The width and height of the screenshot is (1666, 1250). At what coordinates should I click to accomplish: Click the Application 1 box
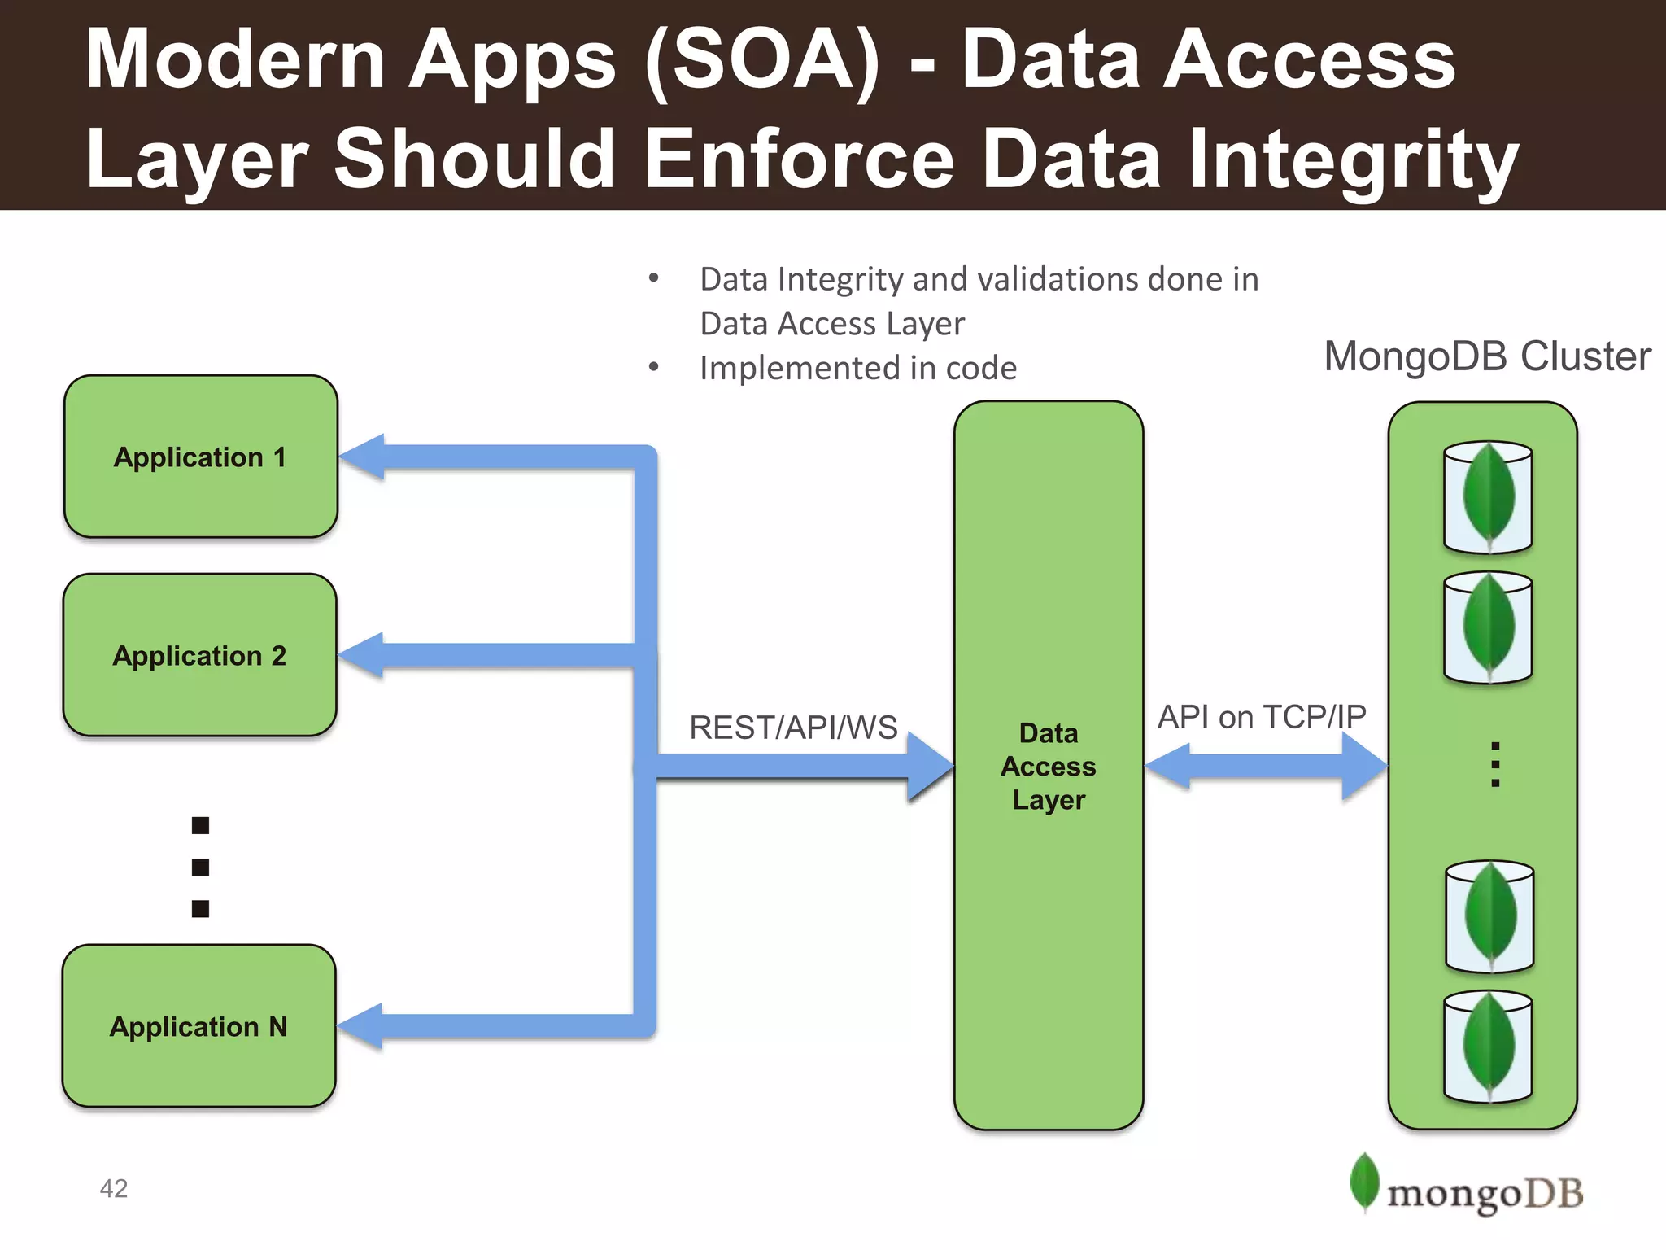click(x=200, y=457)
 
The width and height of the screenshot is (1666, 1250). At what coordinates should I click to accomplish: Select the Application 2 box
click(x=200, y=655)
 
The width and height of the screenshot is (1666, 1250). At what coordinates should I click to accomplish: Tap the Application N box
click(x=198, y=1026)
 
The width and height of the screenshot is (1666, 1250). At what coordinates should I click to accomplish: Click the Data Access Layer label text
click(x=1049, y=767)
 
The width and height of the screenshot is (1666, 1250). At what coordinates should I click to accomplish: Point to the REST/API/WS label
click(x=793, y=728)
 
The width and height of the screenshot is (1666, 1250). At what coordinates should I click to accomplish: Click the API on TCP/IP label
click(x=1262, y=717)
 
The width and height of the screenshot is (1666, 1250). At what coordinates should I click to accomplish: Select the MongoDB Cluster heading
click(x=1487, y=356)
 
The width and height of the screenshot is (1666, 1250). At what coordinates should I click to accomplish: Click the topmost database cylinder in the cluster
click(x=1488, y=497)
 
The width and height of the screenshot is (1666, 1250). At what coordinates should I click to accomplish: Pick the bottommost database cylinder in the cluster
click(x=1488, y=1047)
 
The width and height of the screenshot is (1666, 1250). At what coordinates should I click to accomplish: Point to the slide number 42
click(x=114, y=1188)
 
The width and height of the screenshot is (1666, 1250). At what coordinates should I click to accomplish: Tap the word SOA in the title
click(x=761, y=60)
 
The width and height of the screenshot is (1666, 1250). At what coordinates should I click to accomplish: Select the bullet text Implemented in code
click(x=857, y=368)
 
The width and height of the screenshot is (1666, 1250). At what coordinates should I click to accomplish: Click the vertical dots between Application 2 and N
click(x=200, y=867)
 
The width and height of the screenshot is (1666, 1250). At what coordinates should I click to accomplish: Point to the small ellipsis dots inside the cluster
click(x=1494, y=764)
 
